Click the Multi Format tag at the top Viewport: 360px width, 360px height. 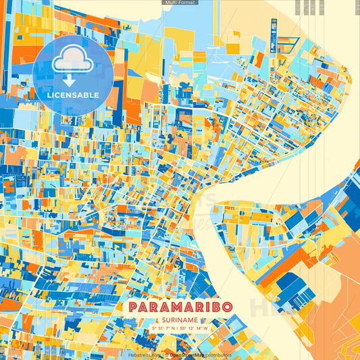click(180, 3)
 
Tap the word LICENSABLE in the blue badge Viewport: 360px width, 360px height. click(72, 95)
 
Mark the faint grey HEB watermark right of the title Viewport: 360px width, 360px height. click(267, 307)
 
